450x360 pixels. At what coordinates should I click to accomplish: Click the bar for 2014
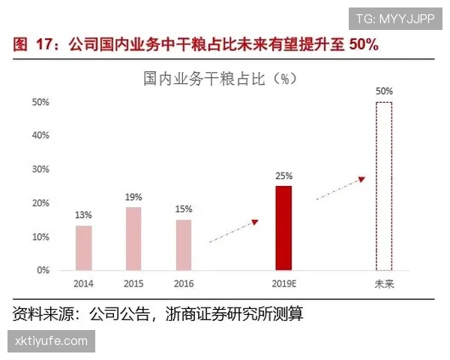tap(83, 247)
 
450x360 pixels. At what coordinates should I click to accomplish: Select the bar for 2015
tap(133, 238)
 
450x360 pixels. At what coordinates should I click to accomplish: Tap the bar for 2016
tap(184, 244)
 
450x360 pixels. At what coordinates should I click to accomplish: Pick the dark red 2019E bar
tap(283, 228)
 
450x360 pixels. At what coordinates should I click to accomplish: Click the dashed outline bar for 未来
tap(383, 186)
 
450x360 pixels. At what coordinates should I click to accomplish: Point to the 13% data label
tap(83, 215)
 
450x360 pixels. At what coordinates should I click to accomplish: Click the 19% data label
tap(133, 196)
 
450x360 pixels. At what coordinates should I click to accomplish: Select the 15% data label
tap(184, 209)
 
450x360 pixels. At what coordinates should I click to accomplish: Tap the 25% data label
tap(283, 175)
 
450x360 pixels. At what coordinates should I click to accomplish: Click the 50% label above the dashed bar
tap(384, 91)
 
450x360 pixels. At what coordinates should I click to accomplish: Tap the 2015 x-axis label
tap(133, 284)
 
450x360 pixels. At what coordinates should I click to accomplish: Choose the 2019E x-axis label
tap(283, 284)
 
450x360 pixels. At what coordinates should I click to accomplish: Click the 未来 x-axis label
tap(384, 284)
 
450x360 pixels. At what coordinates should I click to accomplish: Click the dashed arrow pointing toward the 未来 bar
tap(340, 188)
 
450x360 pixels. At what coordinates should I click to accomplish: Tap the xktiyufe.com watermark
tap(51, 341)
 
